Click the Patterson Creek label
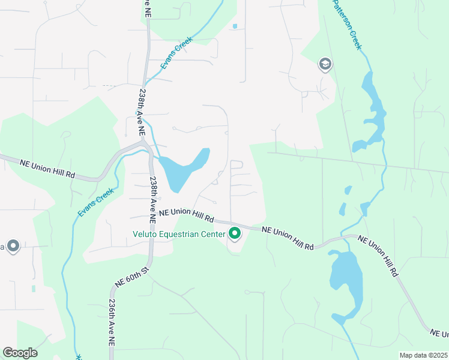[x=348, y=24]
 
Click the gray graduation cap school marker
[x=325, y=64]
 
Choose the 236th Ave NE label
[x=112, y=323]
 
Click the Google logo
[x=20, y=353]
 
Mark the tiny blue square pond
[x=234, y=26]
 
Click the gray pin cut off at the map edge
[x=13, y=246]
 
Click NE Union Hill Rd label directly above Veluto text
[x=187, y=214]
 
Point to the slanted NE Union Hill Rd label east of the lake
[x=379, y=256]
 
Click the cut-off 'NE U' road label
[x=440, y=332]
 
